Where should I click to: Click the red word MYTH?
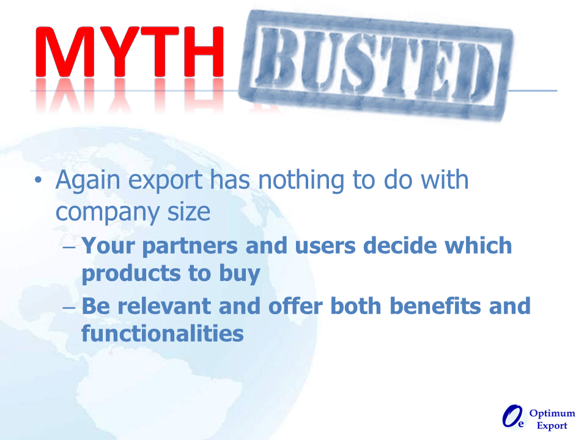coord(130,51)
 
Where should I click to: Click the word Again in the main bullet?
coord(88,181)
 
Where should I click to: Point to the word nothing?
coord(301,181)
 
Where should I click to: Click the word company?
coord(107,213)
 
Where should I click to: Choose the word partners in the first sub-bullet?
coord(190,247)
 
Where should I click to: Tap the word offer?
coord(295,306)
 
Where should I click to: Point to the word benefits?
coord(435,306)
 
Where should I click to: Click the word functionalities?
coord(163,334)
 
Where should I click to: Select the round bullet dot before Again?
coord(38,180)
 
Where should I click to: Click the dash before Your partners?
coord(69,248)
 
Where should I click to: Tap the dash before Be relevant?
coord(69,308)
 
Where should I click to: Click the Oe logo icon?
coord(513,416)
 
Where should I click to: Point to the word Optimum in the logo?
coord(552,414)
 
